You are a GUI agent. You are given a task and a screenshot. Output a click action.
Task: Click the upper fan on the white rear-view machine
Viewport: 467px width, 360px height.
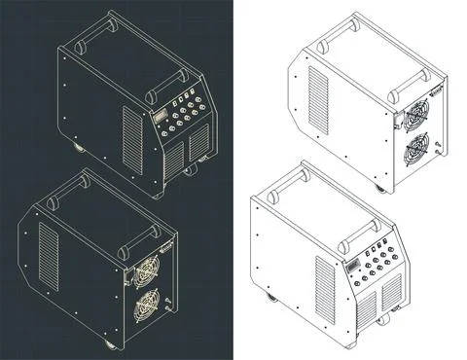pyautogui.click(x=415, y=114)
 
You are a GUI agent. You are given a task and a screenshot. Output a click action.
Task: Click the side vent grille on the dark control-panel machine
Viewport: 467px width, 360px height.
pyautogui.click(x=131, y=136)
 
